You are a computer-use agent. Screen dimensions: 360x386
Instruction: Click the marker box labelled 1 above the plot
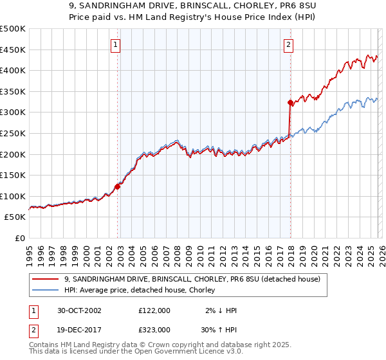(x=115, y=44)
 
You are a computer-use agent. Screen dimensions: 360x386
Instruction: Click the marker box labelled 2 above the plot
(x=288, y=44)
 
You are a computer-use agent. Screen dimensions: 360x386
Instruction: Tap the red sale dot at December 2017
(x=290, y=102)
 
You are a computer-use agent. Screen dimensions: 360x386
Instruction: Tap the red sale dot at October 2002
(x=118, y=186)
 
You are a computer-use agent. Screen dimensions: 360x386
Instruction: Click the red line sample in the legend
(x=45, y=279)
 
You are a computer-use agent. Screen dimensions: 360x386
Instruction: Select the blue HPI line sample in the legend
(x=45, y=291)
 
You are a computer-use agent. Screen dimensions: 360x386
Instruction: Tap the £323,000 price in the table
(x=154, y=329)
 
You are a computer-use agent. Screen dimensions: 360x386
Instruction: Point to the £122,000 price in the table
(x=154, y=310)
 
